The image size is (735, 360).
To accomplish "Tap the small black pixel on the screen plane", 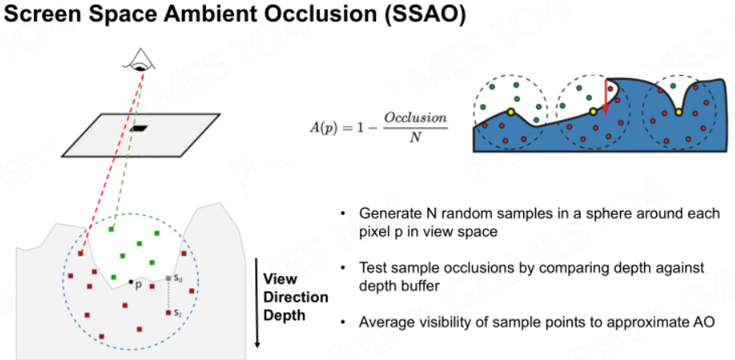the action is [138, 127].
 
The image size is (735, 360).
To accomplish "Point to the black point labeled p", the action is [130, 282].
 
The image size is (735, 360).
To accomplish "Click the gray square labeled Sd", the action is [168, 279].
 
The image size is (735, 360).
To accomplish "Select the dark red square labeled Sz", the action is [168, 312].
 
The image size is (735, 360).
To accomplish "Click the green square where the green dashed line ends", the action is [111, 230].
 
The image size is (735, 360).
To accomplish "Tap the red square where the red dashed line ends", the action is [81, 254].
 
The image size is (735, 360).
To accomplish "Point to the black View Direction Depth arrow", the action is [257, 303].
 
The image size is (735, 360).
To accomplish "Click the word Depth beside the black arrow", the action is [284, 315].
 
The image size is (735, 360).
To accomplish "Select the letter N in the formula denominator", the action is [415, 139].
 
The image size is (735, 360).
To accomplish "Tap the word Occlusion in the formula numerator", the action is [415, 118].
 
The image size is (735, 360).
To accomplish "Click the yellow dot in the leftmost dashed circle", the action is [510, 112].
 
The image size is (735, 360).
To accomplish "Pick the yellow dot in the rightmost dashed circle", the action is [678, 112].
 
